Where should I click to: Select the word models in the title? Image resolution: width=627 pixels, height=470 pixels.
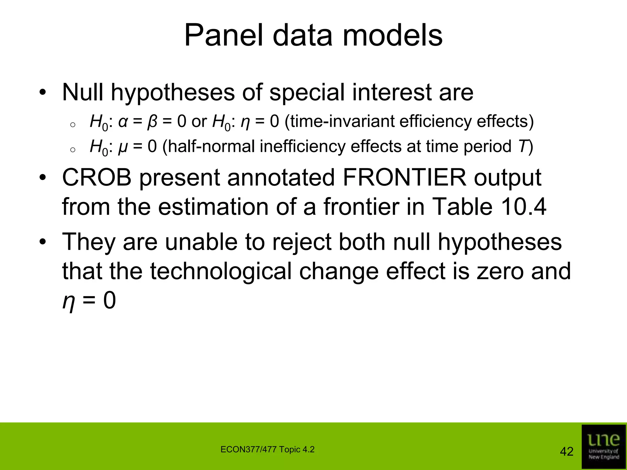(x=392, y=36)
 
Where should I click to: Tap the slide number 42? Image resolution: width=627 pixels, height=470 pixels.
(x=566, y=452)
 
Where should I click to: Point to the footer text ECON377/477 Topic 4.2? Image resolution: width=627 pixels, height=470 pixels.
(x=267, y=449)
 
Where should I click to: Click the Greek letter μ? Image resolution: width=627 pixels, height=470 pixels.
(x=122, y=147)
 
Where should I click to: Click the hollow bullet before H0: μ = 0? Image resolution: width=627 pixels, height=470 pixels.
(x=73, y=150)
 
